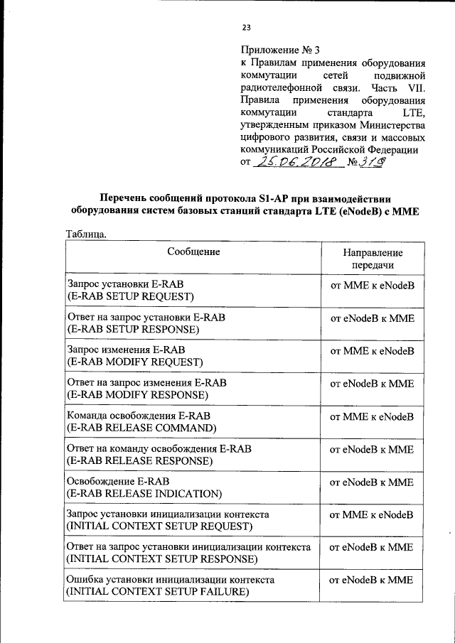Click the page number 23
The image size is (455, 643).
[x=246, y=28]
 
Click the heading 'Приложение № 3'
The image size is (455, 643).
[x=281, y=50]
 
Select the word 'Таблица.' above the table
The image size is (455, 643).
[x=87, y=234]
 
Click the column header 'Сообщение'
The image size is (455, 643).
[x=193, y=252]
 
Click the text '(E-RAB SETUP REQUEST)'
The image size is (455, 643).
[x=131, y=296]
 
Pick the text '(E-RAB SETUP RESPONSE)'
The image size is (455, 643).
[x=133, y=330]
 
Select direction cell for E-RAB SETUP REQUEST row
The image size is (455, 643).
[x=372, y=286]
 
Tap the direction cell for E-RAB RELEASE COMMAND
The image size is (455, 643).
[x=372, y=416]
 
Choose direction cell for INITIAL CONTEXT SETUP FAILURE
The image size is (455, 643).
[x=372, y=580]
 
